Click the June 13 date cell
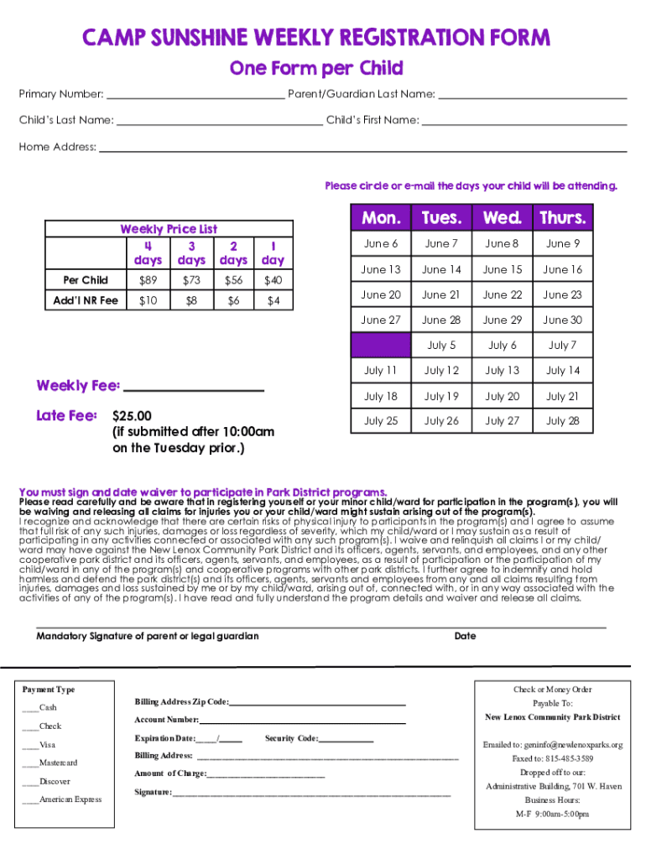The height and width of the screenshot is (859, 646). click(380, 269)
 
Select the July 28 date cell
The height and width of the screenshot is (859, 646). click(562, 421)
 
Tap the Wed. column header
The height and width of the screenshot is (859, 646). click(502, 218)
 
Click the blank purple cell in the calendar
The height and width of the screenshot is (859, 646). click(380, 345)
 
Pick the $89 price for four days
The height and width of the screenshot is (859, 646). click(148, 280)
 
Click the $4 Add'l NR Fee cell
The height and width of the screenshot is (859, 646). click(273, 300)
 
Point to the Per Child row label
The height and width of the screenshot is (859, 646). click(86, 280)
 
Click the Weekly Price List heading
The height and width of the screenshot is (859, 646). click(169, 229)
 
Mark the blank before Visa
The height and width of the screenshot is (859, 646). click(30, 745)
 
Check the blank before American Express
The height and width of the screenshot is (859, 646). click(30, 800)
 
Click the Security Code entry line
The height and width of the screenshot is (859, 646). click(346, 739)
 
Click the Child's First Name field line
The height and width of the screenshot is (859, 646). click(524, 121)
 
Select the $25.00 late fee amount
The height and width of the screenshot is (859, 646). click(132, 416)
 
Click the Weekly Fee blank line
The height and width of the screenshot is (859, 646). click(194, 387)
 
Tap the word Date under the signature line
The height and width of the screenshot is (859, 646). click(465, 636)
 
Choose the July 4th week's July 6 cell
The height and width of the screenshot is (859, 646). click(502, 345)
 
